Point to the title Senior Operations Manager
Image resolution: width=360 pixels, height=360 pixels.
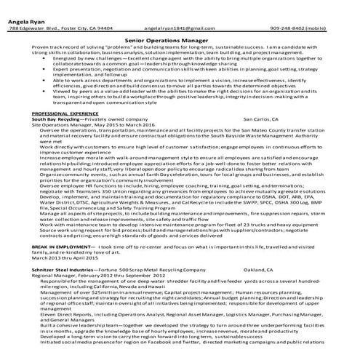180,43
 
